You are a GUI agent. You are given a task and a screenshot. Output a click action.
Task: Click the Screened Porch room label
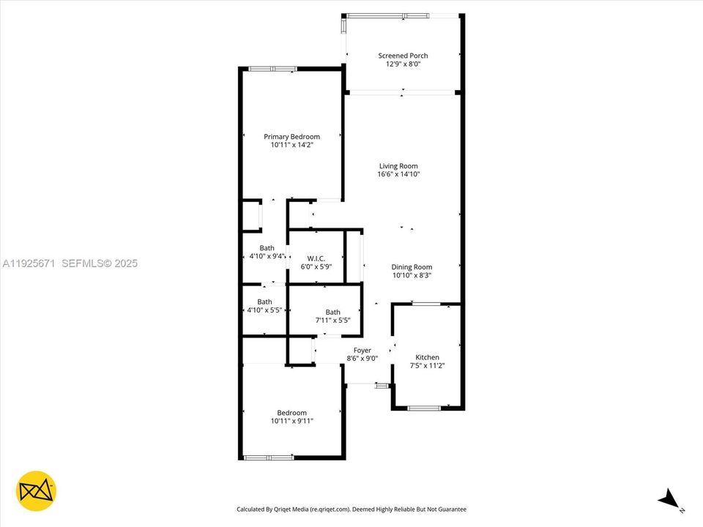click(x=403, y=56)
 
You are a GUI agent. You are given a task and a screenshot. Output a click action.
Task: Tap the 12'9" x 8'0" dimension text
click(x=403, y=64)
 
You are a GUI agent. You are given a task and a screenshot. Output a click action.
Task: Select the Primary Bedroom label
click(x=291, y=137)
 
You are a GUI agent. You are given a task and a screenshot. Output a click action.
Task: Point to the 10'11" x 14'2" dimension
click(x=291, y=146)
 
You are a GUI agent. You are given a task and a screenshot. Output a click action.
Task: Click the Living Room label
click(x=398, y=166)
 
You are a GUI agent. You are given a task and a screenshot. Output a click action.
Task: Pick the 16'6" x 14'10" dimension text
click(x=398, y=175)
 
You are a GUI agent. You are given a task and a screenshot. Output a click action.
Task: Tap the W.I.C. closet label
click(x=316, y=258)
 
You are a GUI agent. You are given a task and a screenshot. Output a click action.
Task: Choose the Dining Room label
click(x=412, y=267)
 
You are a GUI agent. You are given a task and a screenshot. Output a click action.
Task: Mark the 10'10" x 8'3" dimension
click(x=412, y=276)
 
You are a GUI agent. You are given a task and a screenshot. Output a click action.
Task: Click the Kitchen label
click(x=428, y=357)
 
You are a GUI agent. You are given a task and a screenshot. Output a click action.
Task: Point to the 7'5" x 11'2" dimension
click(x=428, y=366)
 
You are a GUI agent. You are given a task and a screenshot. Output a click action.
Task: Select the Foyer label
click(x=362, y=350)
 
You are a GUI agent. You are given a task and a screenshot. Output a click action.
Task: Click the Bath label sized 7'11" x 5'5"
click(x=332, y=312)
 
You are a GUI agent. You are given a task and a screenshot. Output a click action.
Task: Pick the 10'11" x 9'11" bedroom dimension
click(x=291, y=422)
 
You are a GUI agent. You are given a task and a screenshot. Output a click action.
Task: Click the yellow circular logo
click(x=36, y=490)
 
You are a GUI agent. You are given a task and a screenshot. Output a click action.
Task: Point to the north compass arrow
click(x=669, y=501)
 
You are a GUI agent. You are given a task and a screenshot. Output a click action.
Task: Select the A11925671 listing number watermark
click(x=31, y=263)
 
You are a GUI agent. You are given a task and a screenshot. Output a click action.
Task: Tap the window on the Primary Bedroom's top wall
click(x=272, y=69)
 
